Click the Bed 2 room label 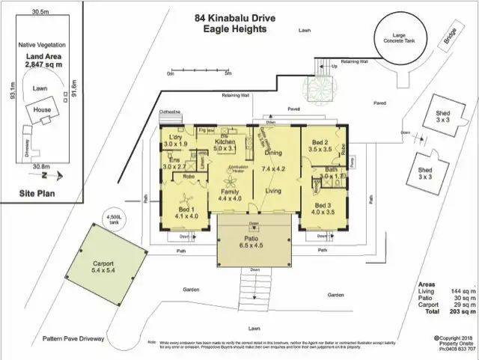tap(320, 145)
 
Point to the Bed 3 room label tap(323, 208)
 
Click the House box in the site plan tap(41, 112)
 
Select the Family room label tap(229, 193)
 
